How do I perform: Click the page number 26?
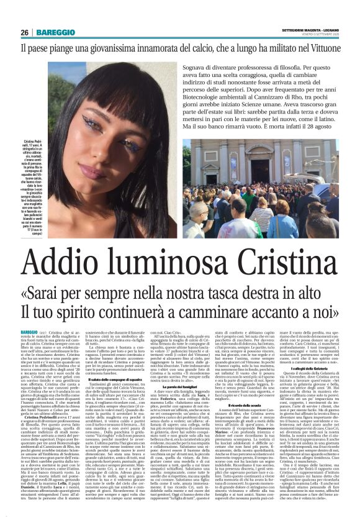pos(25,32)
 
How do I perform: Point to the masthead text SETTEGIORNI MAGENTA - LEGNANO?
pos(310,29)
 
